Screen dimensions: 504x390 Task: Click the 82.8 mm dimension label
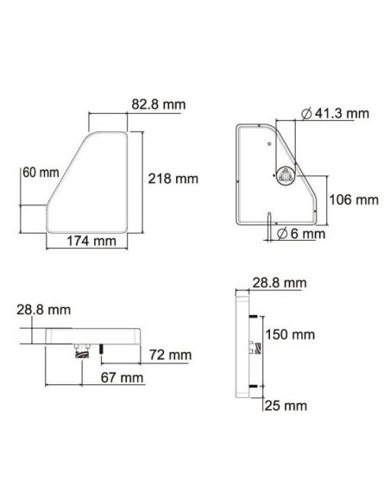coord(159,104)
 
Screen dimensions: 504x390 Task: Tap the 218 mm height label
coord(173,179)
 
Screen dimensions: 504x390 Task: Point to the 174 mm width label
coord(91,241)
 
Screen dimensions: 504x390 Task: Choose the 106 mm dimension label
coord(355,199)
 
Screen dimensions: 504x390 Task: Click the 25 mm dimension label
coord(286,405)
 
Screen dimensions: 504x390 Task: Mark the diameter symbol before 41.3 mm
coord(308,114)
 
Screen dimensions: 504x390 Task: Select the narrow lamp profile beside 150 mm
coord(243,345)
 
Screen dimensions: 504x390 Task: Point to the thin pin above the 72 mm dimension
coord(101,349)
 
